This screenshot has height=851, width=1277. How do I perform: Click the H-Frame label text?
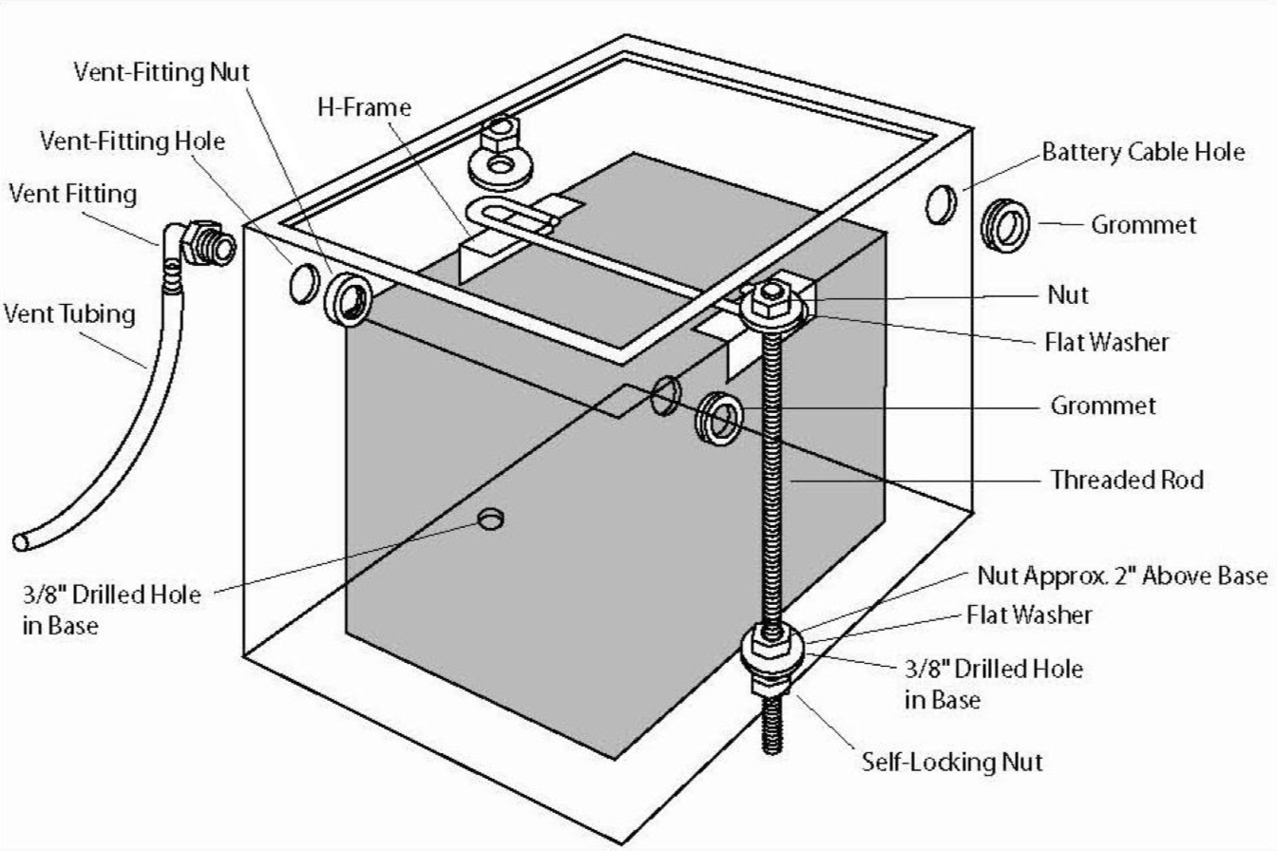coord(364,108)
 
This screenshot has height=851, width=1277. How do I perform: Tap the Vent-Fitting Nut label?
coord(162,72)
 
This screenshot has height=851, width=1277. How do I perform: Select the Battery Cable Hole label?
coord(1143,151)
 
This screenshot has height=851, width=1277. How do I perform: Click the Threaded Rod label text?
coord(1127,480)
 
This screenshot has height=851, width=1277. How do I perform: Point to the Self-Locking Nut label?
coord(952,762)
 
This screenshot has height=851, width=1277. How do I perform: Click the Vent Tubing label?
coord(69,312)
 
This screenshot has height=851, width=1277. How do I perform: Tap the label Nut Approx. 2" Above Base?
coord(1122,576)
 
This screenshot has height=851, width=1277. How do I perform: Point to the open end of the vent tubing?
coord(21,542)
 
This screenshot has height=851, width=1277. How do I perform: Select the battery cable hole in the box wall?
coord(940,205)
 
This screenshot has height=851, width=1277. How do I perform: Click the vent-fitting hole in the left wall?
coord(303,283)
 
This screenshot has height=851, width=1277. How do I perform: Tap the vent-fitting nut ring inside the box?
coord(349,299)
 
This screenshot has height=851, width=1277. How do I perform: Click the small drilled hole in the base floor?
coord(491,520)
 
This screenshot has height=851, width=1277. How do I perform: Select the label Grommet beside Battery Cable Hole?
coord(1143,225)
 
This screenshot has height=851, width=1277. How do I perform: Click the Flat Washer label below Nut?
coord(1107,342)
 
